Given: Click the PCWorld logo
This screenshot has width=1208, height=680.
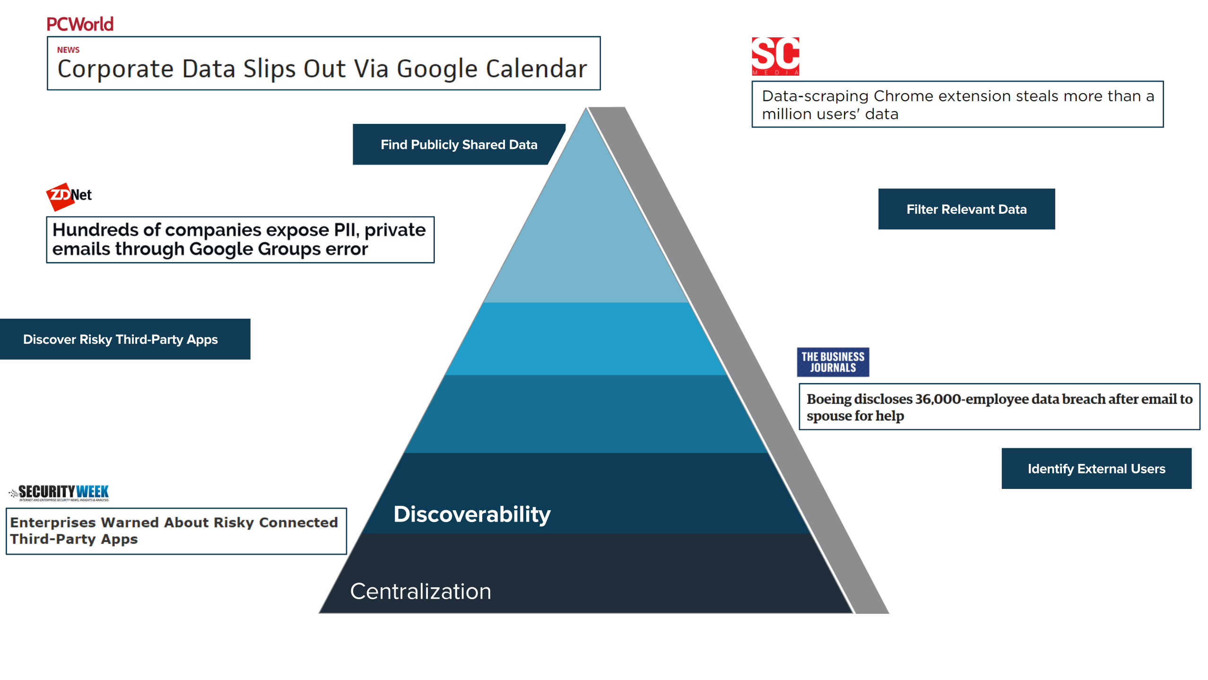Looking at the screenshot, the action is pos(80,24).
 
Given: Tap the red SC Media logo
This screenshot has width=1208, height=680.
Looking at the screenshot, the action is pos(775,56).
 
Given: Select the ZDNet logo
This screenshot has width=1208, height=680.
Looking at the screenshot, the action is pos(69,196).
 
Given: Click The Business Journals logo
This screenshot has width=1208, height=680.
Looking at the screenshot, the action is pos(833,362).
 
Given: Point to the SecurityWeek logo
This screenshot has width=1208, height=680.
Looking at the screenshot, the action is pos(59,493).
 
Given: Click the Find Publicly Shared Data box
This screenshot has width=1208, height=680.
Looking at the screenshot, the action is pos(459,144).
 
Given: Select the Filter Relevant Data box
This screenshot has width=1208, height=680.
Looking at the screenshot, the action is pos(966,209).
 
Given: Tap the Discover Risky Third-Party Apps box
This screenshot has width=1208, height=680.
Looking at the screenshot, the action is pos(125,339).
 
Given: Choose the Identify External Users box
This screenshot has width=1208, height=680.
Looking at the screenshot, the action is pos(1096,468).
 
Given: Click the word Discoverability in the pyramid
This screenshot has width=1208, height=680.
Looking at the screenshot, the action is pos(472,514).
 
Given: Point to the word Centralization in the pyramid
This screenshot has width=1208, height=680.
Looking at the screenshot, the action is pos(420,591).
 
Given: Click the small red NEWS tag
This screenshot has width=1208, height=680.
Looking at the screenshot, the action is pos(68,50).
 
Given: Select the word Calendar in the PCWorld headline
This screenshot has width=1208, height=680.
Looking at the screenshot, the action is pos(536,69).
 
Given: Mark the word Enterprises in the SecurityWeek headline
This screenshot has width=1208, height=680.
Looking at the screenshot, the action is pos(53,522).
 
